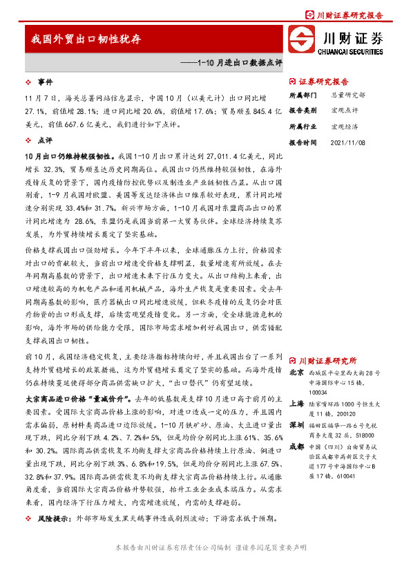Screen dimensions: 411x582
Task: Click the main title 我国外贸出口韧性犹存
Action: [x=86, y=39]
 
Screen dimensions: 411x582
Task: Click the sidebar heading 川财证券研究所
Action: [x=327, y=360]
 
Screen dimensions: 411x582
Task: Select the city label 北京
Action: [x=296, y=372]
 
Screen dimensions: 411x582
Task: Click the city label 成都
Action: [x=296, y=446]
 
